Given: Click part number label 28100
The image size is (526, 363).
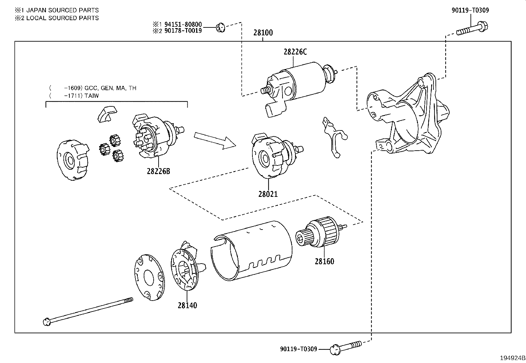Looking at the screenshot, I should [263, 33].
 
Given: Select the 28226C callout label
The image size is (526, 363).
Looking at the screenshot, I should [295, 52].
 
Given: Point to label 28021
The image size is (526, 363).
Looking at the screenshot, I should [268, 194].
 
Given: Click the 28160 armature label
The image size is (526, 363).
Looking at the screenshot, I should [324, 261].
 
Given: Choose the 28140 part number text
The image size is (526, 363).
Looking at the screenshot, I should [187, 306].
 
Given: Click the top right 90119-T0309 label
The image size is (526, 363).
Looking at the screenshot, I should [470, 10].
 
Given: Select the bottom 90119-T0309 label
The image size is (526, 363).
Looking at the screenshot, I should [298, 349].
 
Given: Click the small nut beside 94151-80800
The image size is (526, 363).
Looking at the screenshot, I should [220, 28].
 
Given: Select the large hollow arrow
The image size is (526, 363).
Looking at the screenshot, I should [214, 140].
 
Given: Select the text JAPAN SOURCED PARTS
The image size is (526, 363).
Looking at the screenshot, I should [62, 10].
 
